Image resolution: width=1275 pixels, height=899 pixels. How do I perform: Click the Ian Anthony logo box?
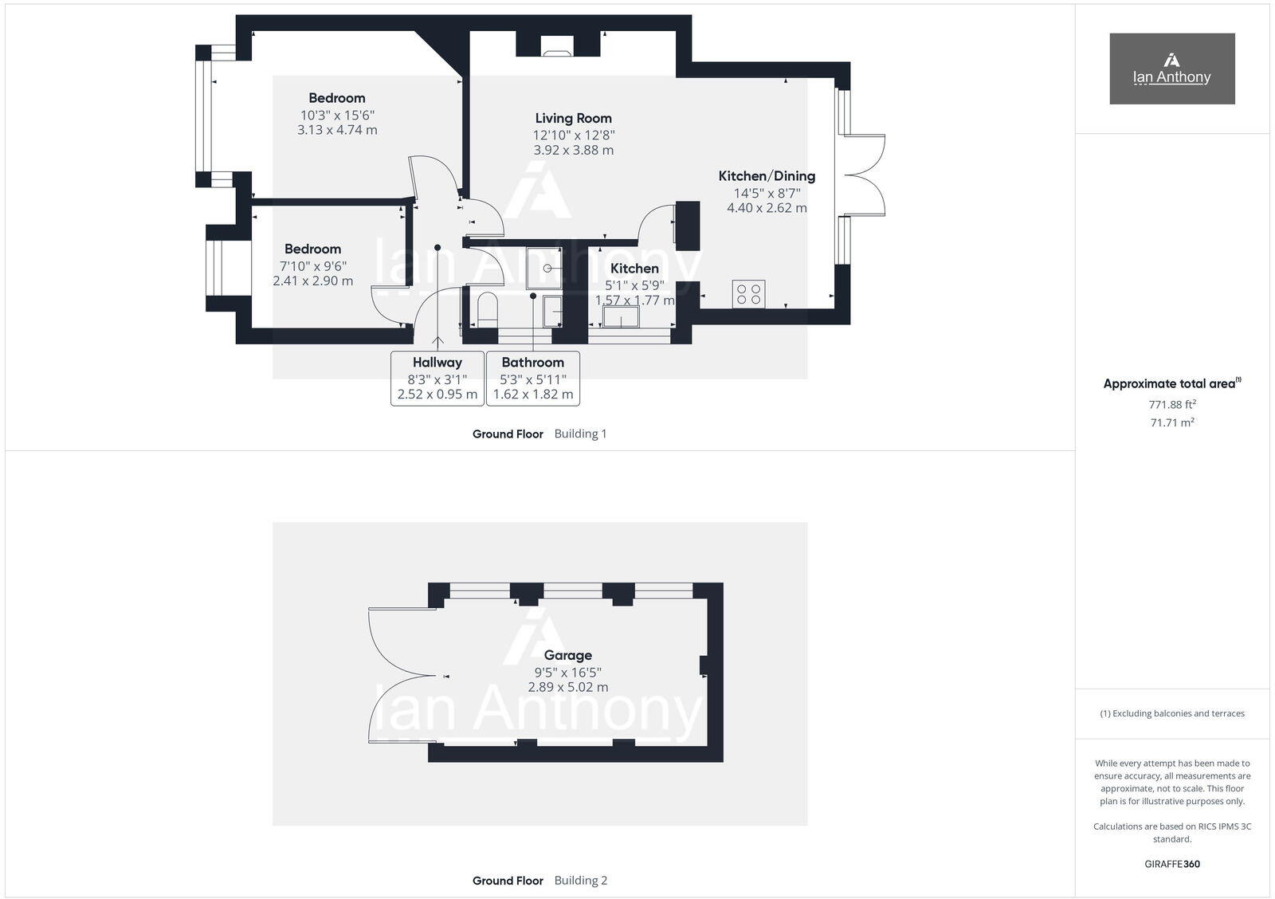1171,69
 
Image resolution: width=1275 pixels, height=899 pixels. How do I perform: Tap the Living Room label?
573,118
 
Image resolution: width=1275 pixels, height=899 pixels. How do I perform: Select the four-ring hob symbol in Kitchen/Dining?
748,294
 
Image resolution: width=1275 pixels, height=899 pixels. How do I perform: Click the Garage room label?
567,655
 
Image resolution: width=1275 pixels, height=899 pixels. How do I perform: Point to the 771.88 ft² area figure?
1171,404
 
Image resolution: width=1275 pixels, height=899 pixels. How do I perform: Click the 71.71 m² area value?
1171,422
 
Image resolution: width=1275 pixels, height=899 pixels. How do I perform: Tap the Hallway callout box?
437,378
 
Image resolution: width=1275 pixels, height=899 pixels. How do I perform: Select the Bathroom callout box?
532,378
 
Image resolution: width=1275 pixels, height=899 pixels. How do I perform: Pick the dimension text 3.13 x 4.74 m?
337,130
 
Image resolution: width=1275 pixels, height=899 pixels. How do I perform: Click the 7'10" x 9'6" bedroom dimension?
312,265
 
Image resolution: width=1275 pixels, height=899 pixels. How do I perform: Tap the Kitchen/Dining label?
767,176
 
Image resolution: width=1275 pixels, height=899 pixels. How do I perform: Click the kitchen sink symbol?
621,317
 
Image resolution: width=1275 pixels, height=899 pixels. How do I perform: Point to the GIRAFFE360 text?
1171,864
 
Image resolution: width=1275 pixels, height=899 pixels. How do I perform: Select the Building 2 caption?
580,881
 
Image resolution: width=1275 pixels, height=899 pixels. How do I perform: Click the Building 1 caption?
580,434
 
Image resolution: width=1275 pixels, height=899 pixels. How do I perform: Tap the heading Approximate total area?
1169,383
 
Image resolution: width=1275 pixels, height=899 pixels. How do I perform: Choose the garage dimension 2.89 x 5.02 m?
567,687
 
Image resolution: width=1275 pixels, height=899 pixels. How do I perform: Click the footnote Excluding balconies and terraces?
1171,713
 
